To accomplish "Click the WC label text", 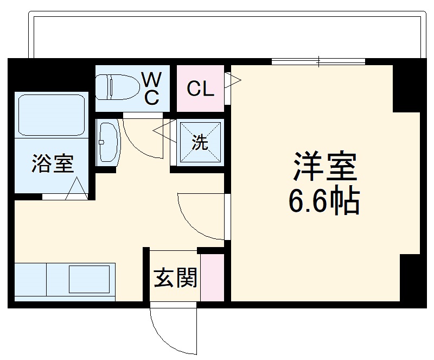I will pos(151,88).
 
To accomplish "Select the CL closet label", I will pos(200,89).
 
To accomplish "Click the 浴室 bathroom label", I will pos(52,163).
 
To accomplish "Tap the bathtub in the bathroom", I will pos(52,115).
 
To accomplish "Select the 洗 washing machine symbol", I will pos(200,142).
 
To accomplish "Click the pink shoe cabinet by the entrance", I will pos(212,277).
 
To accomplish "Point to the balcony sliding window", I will pos(319,61).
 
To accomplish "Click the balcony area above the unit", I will pos(228,35).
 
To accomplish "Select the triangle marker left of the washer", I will pos(163,130).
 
